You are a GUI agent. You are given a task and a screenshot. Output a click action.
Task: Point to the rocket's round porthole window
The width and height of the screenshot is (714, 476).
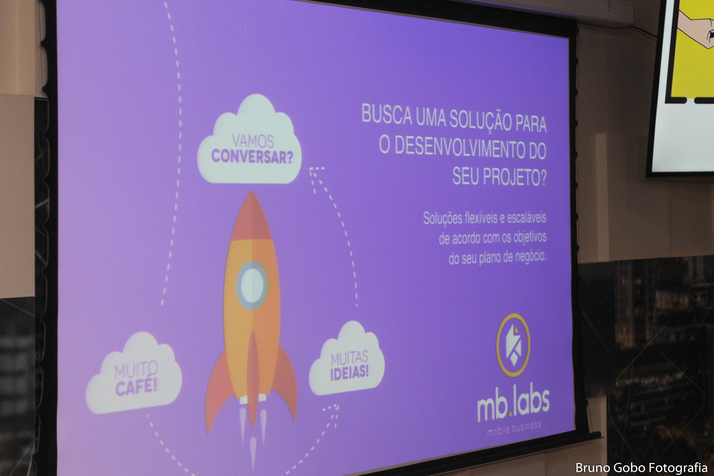pyautogui.click(x=252, y=285)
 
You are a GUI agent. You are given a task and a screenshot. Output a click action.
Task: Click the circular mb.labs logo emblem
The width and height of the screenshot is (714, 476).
pyautogui.click(x=513, y=345)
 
